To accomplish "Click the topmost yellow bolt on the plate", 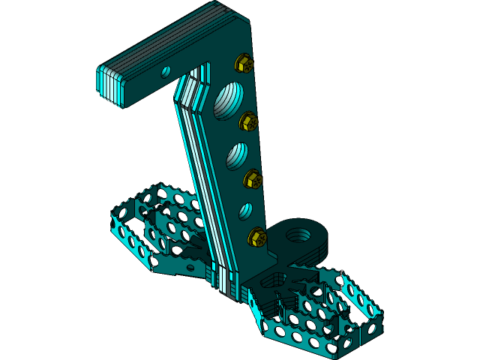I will click(244, 63).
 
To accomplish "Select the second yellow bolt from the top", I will click(248, 121).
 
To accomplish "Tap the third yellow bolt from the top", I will click(253, 179).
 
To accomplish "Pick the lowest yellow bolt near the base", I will click(256, 237).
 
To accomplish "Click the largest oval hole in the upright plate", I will click(228, 100).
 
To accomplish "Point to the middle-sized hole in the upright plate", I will click(236, 154).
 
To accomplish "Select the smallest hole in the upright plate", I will click(245, 211).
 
